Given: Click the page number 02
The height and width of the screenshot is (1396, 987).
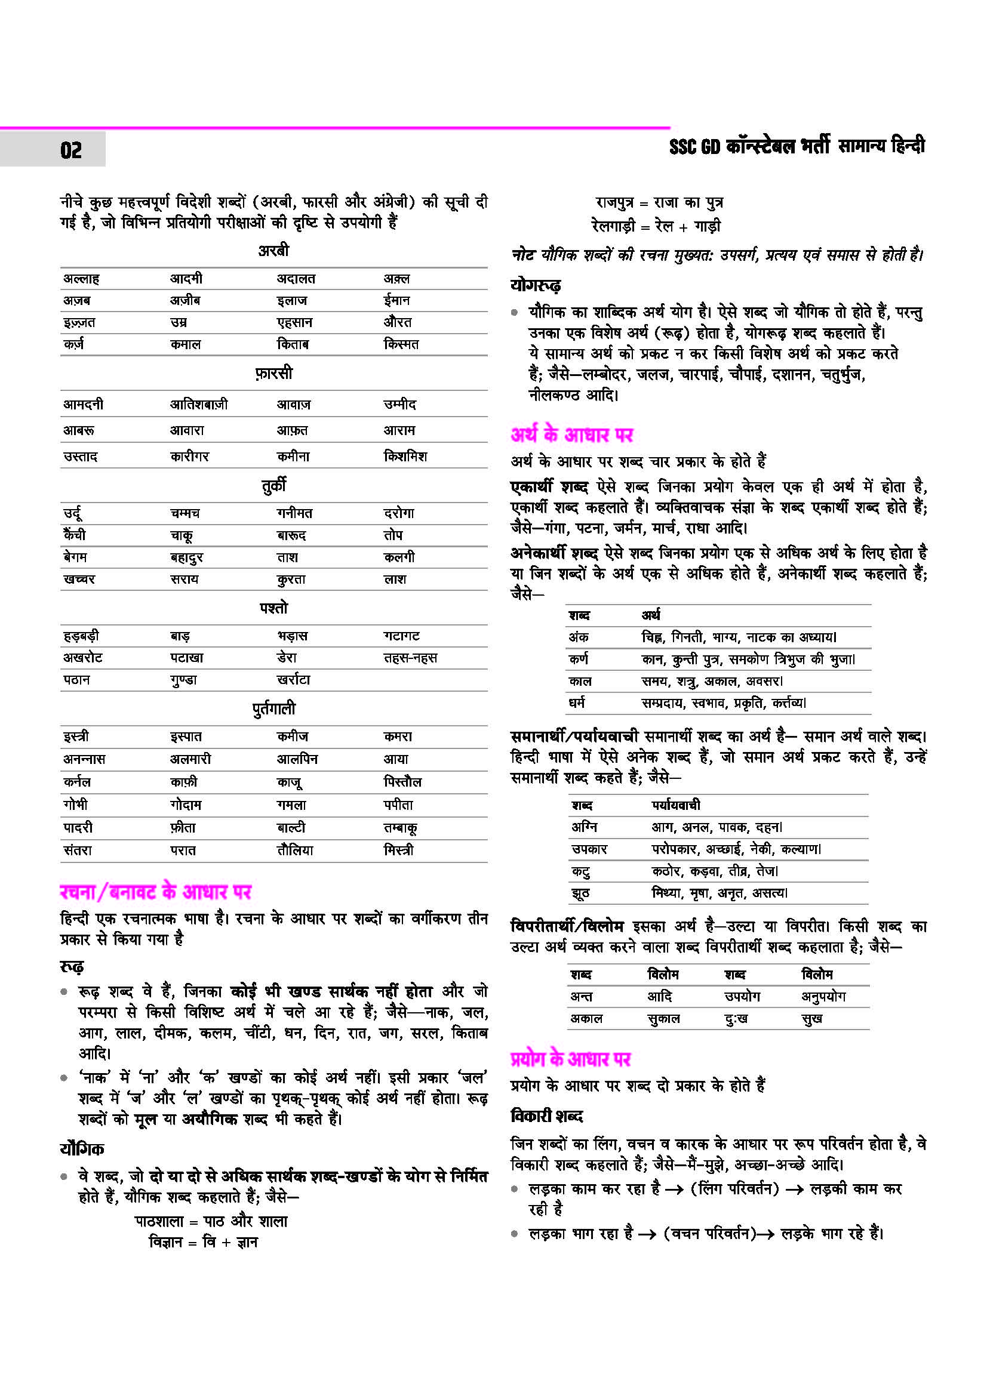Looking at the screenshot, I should coord(70,150).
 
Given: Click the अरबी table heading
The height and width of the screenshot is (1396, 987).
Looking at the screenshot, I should coord(273,251).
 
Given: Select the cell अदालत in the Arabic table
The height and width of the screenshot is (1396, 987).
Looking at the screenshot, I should coord(296,279).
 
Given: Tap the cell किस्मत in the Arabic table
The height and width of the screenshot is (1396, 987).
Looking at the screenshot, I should coord(401,344).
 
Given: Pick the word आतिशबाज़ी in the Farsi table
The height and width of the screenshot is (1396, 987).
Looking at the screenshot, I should coord(199,404).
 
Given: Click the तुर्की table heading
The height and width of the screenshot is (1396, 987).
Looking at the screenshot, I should coord(273,485).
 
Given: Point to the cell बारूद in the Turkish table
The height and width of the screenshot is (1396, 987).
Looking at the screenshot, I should coord(291,535).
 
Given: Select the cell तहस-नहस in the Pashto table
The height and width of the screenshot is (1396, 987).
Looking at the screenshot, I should coord(410,658).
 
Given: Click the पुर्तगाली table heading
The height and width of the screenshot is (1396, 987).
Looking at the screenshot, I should coord(273,708).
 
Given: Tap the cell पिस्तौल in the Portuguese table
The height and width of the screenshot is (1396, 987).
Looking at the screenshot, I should coord(402,782).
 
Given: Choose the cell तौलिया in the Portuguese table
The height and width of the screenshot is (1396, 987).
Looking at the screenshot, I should coord(295,850).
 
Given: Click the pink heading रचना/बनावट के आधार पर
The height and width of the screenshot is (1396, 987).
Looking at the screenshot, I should coord(156,892).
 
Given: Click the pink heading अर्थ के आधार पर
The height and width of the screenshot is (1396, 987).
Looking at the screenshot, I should coord(571,434).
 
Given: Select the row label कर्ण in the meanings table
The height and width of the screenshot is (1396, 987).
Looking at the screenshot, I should coord(578,659).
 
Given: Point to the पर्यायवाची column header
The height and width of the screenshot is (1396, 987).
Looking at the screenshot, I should coord(675,805).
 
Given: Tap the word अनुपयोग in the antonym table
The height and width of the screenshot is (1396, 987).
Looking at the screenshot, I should coord(823,997).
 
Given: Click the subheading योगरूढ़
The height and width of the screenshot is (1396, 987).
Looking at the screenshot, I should coord(535,285).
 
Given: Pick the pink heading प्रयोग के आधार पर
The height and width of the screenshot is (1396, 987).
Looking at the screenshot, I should coord(570,1059).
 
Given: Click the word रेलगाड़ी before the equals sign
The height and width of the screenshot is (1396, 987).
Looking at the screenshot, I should coord(613,226).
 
